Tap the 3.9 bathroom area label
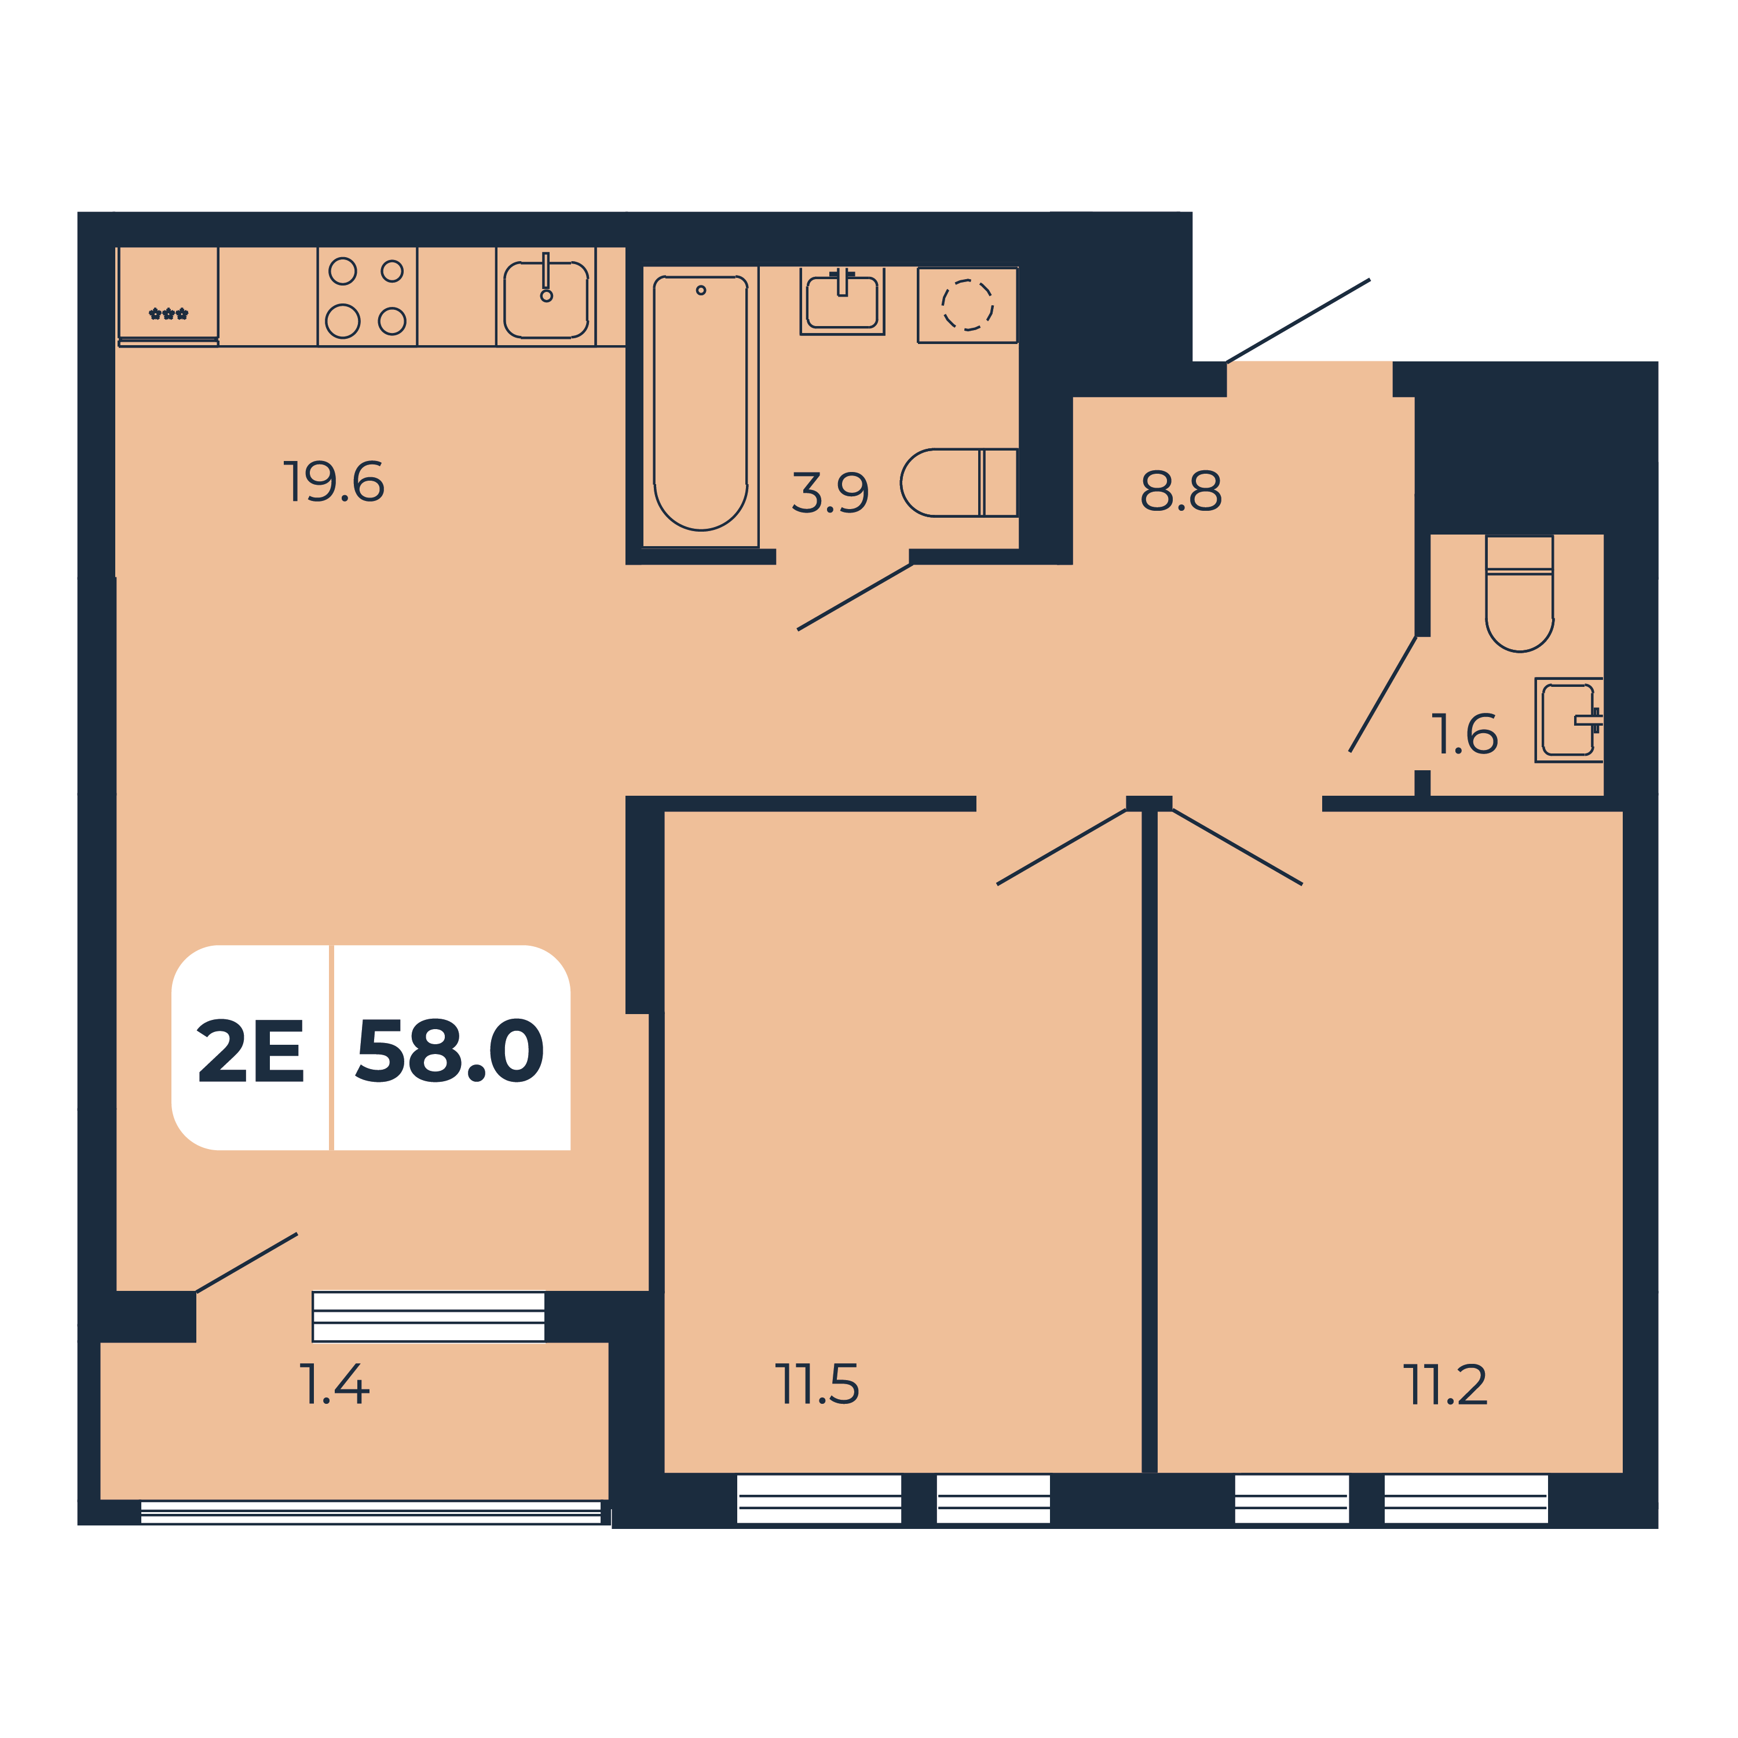[829, 492]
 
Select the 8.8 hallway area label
[1180, 491]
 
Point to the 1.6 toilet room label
[1463, 734]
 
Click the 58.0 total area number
[450, 1050]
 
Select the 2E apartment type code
[251, 1050]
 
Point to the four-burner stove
[367, 296]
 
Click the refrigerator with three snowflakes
[168, 296]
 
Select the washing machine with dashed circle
[967, 305]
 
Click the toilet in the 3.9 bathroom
[959, 482]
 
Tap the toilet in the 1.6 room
[1520, 593]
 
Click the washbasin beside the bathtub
[842, 301]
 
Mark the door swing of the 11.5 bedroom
[1062, 847]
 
